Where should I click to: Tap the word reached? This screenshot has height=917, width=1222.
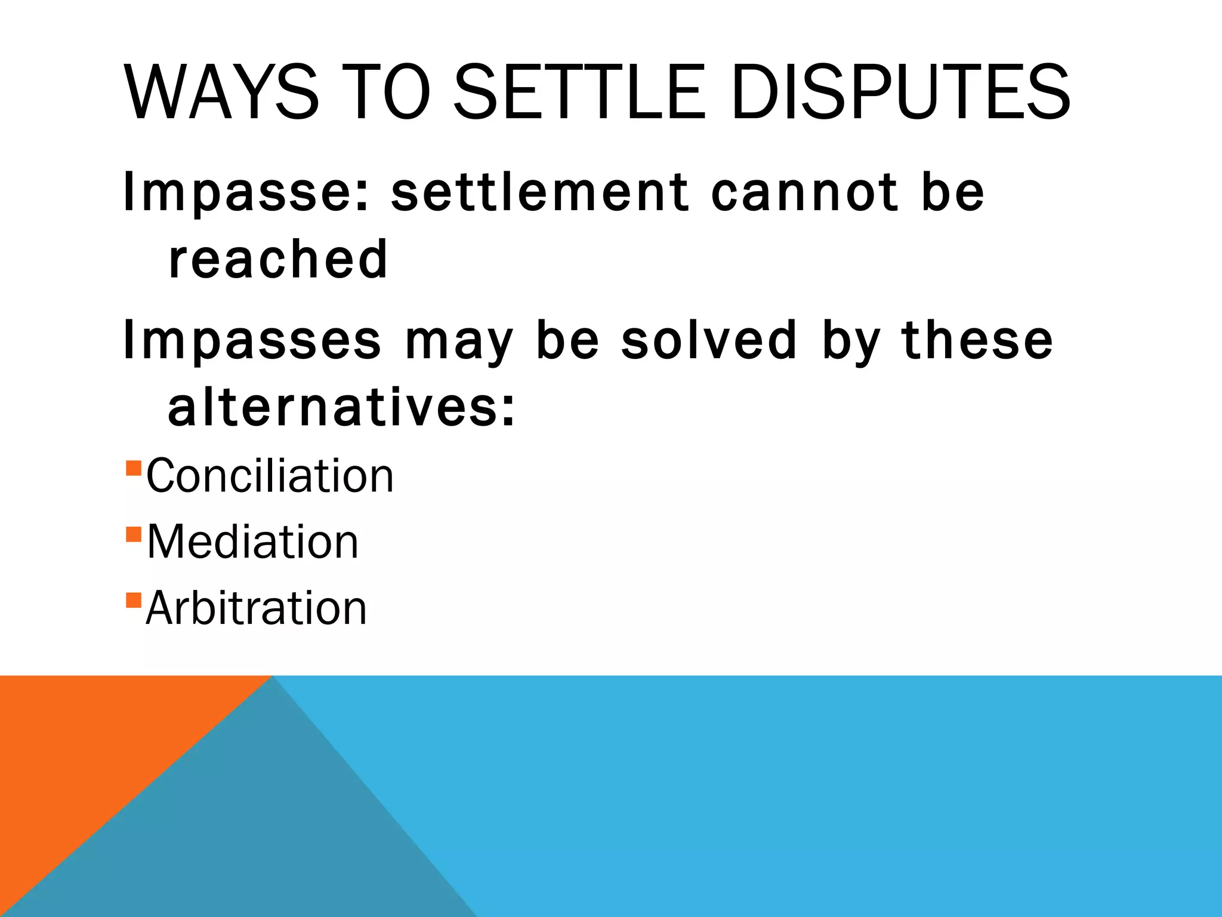(278, 259)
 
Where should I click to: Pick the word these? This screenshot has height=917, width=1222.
(977, 340)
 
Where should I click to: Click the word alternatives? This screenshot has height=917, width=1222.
(341, 407)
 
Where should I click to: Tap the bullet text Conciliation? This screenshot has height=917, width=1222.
(270, 476)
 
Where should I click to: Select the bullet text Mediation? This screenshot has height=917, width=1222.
(252, 542)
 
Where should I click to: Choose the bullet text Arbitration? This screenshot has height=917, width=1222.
(256, 608)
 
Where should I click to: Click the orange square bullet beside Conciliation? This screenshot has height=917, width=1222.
(134, 467)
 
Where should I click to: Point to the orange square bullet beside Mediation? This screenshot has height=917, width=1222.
(134, 533)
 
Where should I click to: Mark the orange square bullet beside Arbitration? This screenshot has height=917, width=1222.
(134, 599)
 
